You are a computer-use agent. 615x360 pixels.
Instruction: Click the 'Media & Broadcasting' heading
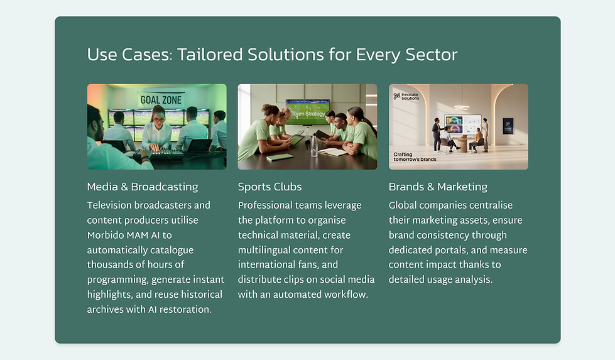click(143, 187)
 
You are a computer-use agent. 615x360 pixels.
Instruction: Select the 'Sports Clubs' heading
click(269, 187)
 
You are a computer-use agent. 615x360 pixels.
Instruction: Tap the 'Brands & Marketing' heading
click(438, 187)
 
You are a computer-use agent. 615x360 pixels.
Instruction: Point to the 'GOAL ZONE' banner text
click(160, 99)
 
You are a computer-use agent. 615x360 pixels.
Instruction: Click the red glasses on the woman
click(158, 118)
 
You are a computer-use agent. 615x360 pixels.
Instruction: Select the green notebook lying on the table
click(280, 157)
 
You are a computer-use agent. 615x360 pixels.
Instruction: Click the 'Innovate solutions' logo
click(406, 96)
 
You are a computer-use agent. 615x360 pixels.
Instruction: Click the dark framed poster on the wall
click(508, 125)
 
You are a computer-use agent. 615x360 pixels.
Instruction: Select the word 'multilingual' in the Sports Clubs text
click(264, 250)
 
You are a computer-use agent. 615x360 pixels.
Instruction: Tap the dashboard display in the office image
click(462, 122)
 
